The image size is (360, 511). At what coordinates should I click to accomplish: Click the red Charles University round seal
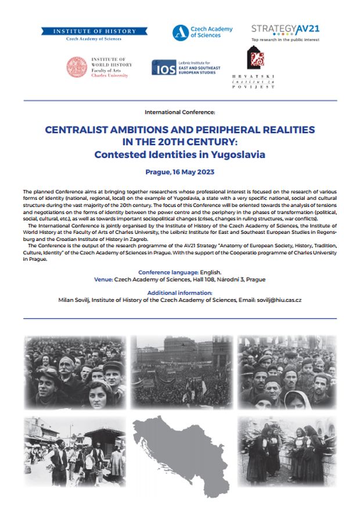pyautogui.click(x=77, y=67)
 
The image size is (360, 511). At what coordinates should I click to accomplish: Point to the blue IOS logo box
pyautogui.click(x=161, y=67)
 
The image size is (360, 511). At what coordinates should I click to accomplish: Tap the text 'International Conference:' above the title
pyautogui.click(x=179, y=110)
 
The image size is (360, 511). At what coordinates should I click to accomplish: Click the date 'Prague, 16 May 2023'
pyautogui.click(x=179, y=172)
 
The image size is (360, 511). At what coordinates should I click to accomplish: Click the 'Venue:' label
pyautogui.click(x=103, y=279)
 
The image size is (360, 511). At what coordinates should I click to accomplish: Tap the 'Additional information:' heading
pyautogui.click(x=179, y=293)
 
